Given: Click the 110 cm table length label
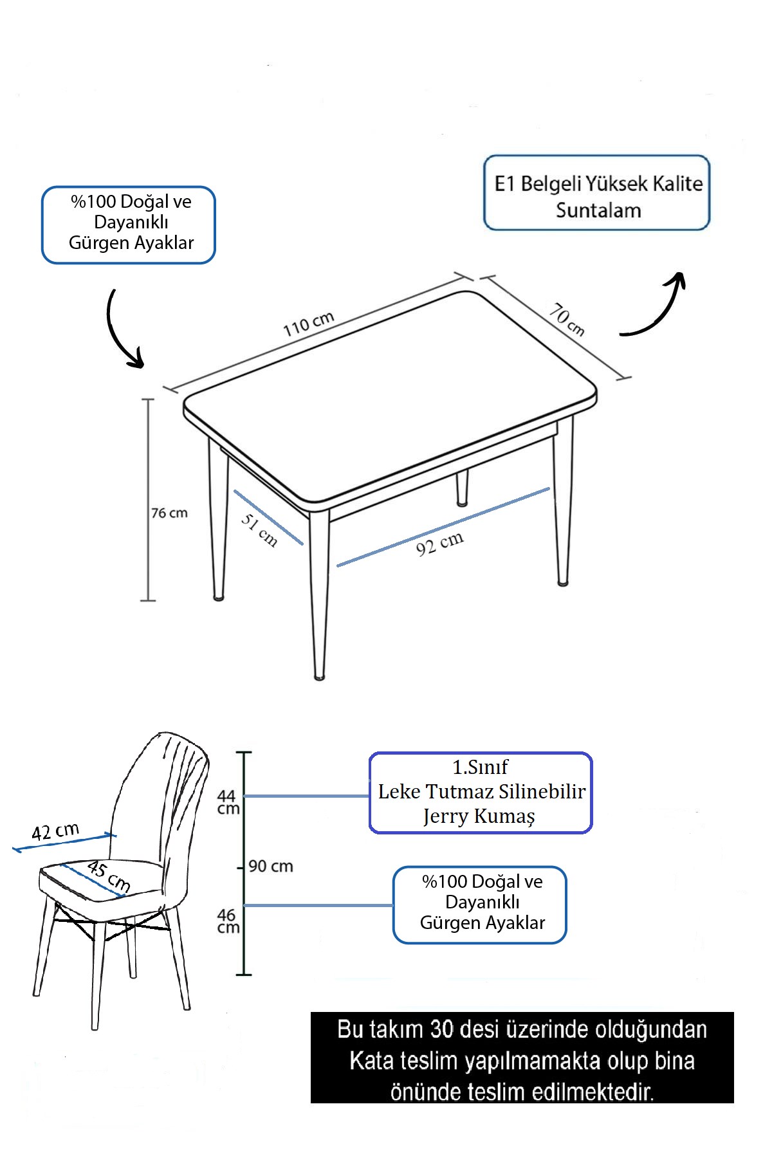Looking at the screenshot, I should point(308,324).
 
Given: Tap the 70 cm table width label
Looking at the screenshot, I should point(567,320).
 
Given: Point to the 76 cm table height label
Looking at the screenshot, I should point(169,513).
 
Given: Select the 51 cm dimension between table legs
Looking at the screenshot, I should point(259,530).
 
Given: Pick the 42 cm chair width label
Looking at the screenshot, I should point(55,831).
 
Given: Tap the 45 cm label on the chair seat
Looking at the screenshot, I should point(109,876).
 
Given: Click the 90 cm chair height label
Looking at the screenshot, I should point(271,866).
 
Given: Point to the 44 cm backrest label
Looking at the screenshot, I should point(228,802).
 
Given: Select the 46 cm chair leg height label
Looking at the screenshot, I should point(228,921).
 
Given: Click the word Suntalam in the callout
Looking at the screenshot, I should point(598,210).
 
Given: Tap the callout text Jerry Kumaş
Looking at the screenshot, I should point(479,816).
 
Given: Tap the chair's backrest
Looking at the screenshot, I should point(161,791).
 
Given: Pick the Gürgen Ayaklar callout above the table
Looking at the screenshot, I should point(129,225).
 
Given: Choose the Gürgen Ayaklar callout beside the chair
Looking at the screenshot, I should point(480,905).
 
